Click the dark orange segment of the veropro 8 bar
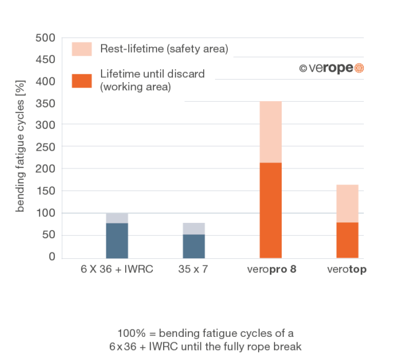(x=270, y=210)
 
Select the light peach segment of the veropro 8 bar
(x=270, y=132)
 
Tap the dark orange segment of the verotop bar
(x=347, y=240)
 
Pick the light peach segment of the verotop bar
(x=347, y=203)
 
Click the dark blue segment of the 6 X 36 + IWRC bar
(x=117, y=240)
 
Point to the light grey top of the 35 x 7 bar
(x=194, y=228)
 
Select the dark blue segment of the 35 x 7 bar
(x=194, y=246)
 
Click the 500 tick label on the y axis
(x=50, y=38)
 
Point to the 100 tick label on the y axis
(x=50, y=213)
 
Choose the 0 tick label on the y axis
(x=53, y=257)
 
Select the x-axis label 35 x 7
(x=194, y=270)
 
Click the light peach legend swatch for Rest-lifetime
(x=81, y=49)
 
